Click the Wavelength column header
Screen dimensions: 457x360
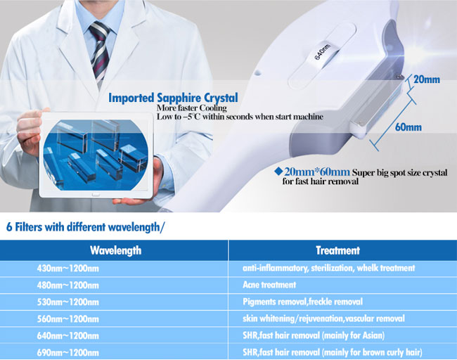116,250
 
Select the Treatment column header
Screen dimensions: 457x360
337,250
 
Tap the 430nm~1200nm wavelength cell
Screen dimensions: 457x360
68,268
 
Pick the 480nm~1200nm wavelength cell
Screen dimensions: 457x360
68,285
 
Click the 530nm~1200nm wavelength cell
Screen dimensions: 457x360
68,302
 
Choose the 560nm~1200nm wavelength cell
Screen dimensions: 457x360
68,319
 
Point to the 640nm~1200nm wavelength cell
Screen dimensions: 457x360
68,336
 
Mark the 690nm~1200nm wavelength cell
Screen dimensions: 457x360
68,353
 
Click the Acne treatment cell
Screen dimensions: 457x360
269,285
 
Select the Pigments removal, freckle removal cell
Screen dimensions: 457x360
302,302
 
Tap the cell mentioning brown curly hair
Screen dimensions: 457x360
333,353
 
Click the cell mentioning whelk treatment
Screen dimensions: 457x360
329,268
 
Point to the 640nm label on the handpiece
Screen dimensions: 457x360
322,52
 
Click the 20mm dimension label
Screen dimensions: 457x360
427,79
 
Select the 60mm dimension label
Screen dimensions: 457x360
408,127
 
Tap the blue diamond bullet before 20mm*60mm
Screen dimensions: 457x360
278,171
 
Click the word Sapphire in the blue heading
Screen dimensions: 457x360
179,98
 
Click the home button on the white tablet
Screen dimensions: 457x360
96,195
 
